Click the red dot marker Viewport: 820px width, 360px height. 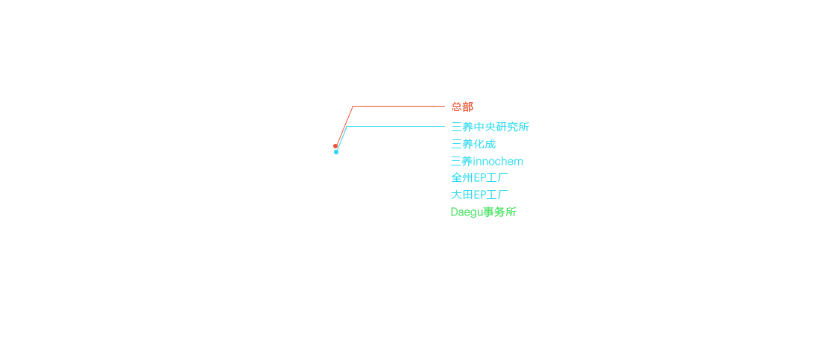pyautogui.click(x=335, y=146)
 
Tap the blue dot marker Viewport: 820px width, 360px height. pyautogui.click(x=336, y=152)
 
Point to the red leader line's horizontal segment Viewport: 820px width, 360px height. pyautogui.click(x=399, y=107)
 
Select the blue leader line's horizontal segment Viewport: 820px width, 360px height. pyautogui.click(x=396, y=126)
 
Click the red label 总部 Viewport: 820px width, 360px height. pyautogui.click(x=462, y=107)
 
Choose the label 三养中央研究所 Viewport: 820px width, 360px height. pyautogui.click(x=490, y=127)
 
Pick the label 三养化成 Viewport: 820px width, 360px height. pyautogui.click(x=473, y=144)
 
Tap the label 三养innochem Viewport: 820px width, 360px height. pyautogui.click(x=487, y=161)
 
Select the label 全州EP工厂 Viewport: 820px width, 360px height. pyautogui.click(x=479, y=178)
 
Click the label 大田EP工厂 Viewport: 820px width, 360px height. pyautogui.click(x=479, y=195)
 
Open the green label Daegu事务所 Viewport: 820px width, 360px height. pyautogui.click(x=484, y=212)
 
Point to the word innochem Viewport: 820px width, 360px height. pyautogui.click(x=499, y=161)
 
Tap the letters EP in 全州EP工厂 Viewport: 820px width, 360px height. pyautogui.click(x=480, y=178)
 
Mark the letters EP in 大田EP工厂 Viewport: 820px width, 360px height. pyautogui.click(x=480, y=195)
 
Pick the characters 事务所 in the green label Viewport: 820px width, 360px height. pyautogui.click(x=500, y=212)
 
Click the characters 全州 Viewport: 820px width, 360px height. pyautogui.click(x=462, y=178)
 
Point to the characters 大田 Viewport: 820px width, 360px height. pyautogui.click(x=462, y=195)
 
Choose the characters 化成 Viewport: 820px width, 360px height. pyautogui.click(x=485, y=144)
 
